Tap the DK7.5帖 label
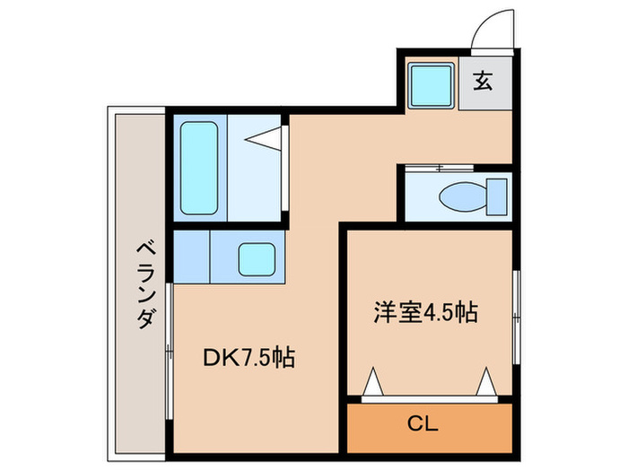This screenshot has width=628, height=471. click(249, 358)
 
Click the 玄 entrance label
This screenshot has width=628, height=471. click(484, 81)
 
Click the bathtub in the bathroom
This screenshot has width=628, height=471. click(198, 168)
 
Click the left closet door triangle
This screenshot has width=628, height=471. click(374, 384)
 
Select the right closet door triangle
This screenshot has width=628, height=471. click(488, 383)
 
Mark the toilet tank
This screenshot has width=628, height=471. click(495, 195)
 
